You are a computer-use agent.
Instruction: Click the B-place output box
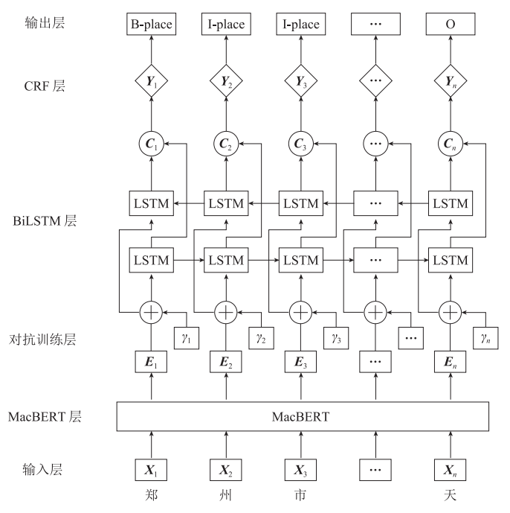coord(152,25)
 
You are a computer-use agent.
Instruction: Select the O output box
coord(451,25)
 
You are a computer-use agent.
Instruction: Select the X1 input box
coord(152,471)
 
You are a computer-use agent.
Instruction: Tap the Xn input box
coord(451,471)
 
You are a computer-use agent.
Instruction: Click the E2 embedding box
coord(226,366)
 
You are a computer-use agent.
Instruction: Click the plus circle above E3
coord(301,312)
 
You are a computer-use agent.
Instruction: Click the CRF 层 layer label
coord(45,86)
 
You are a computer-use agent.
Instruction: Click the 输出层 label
coord(45,24)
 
